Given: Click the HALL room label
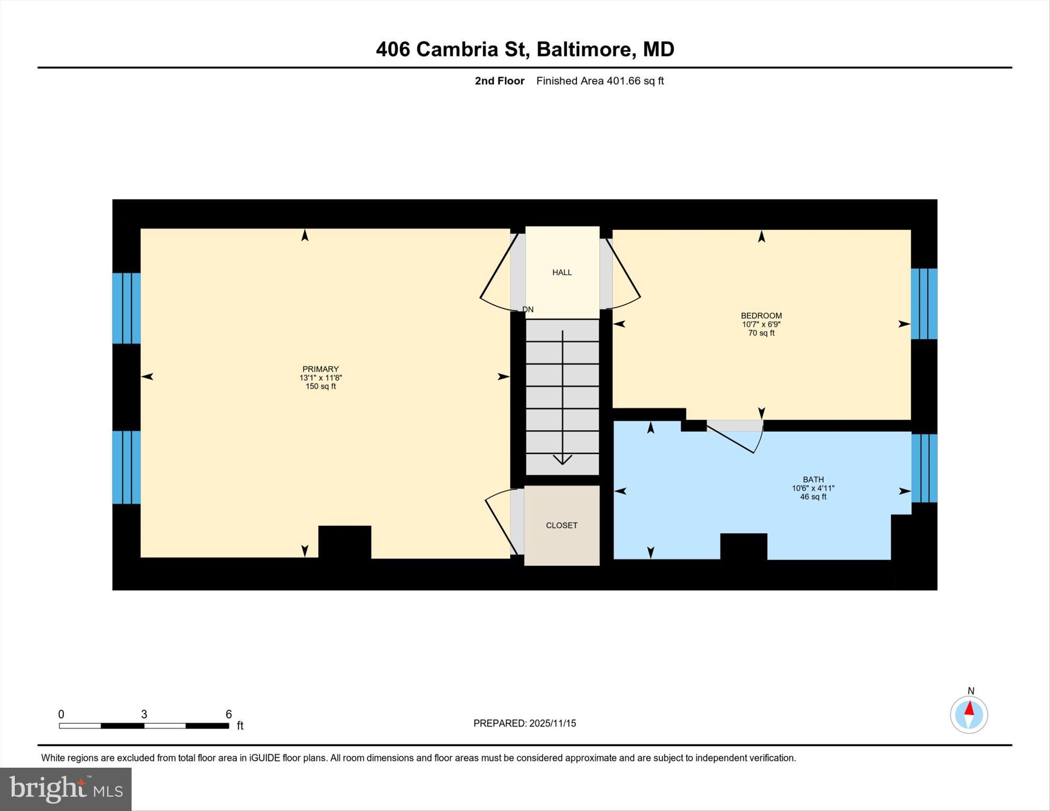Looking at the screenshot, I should click(x=562, y=273).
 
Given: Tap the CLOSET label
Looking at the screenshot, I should click(x=561, y=525).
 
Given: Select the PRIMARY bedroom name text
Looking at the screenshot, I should click(x=320, y=369).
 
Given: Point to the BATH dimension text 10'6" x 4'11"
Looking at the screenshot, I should click(x=813, y=488).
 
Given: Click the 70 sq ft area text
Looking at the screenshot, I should click(x=761, y=333).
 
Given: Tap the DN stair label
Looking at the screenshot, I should click(x=528, y=310).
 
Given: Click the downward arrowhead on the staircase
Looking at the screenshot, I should click(x=562, y=459).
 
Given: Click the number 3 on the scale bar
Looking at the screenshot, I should click(x=144, y=714).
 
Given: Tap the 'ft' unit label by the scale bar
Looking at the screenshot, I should click(x=240, y=725).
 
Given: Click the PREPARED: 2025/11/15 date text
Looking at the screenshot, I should click(x=524, y=723).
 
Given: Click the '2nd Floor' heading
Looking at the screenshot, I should click(x=499, y=81).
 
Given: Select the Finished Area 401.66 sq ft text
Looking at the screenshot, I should click(x=600, y=81).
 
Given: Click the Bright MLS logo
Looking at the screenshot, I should click(x=66, y=789).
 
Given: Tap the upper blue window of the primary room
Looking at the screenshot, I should click(x=126, y=308).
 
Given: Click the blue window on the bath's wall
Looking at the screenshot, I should click(x=924, y=468).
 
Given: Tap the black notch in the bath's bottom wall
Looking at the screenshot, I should click(x=743, y=546).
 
